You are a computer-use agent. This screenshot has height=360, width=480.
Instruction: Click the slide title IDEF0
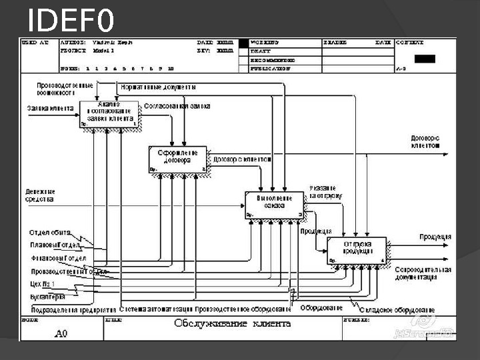coord(71,21)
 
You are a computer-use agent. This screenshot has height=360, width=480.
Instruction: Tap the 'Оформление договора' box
coord(177,159)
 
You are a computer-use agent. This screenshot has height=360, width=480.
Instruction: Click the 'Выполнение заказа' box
coord(274,205)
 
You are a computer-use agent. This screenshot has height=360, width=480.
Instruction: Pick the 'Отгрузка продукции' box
coord(357,250)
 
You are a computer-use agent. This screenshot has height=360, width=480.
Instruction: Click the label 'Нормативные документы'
coord(159,87)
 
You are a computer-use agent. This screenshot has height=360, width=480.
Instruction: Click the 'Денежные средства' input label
coord(39,194)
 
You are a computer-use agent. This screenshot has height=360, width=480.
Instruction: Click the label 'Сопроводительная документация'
coord(423,273)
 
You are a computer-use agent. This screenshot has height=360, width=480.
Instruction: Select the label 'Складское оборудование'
coord(397,309)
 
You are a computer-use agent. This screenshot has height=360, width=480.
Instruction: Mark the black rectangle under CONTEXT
coord(425,59)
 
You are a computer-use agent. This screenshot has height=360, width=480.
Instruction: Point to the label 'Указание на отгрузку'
coord(326,192)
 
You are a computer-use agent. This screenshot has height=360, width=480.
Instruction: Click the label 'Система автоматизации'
coord(156,309)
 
